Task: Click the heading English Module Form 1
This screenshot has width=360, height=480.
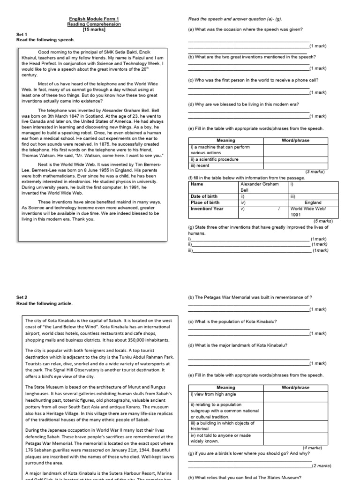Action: click(94, 19)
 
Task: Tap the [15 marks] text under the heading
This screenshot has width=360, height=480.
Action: click(94, 30)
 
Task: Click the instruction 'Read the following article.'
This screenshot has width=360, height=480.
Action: click(46, 303)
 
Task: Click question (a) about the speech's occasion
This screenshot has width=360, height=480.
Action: click(245, 30)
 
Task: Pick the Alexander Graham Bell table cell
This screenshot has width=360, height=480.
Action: click(259, 187)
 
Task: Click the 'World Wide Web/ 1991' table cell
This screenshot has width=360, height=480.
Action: click(306, 211)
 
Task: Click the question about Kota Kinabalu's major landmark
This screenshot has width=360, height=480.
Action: click(238, 345)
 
